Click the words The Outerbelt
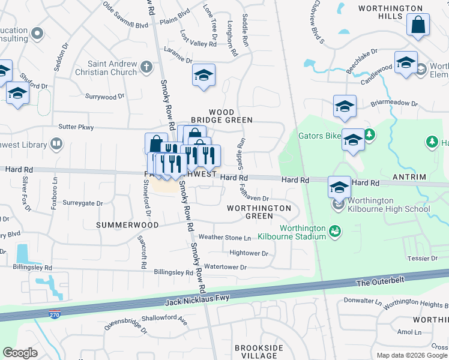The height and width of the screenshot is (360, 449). click(381, 281)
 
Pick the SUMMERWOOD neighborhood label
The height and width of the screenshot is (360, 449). click(127, 225)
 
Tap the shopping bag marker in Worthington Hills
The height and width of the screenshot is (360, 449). click(418, 26)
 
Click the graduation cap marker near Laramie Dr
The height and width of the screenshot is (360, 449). click(203, 76)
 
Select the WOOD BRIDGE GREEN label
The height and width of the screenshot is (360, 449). click(230, 116)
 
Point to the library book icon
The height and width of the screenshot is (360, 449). click(56, 144)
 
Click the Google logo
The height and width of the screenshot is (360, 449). click(20, 352)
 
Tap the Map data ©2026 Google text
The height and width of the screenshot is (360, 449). click(412, 355)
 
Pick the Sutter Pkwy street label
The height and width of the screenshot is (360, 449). click(76, 127)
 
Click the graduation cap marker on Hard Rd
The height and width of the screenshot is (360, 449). click(339, 186)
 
